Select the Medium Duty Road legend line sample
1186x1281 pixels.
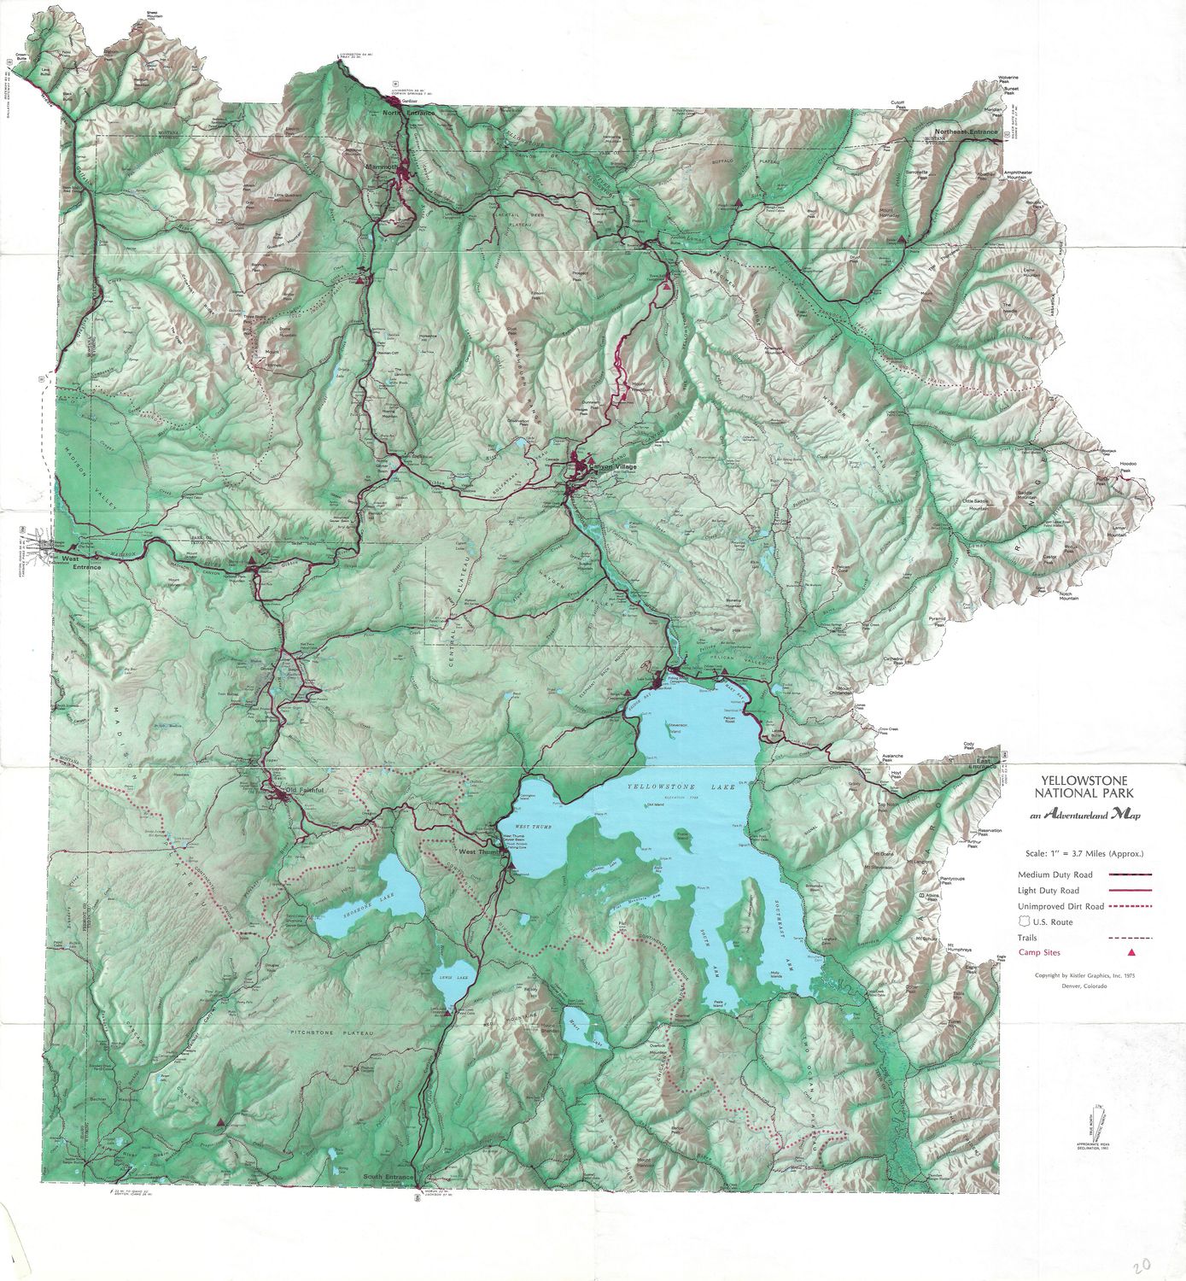pos(1130,874)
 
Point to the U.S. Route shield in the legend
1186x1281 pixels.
pos(1025,921)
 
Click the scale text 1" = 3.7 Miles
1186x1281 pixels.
pos(1084,853)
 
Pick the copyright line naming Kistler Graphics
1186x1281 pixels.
pos(1084,975)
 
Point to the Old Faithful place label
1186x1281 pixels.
pos(306,790)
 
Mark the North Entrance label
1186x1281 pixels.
pos(408,113)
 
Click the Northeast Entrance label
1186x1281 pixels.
pos(966,132)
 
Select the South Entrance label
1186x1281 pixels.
pos(388,1178)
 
